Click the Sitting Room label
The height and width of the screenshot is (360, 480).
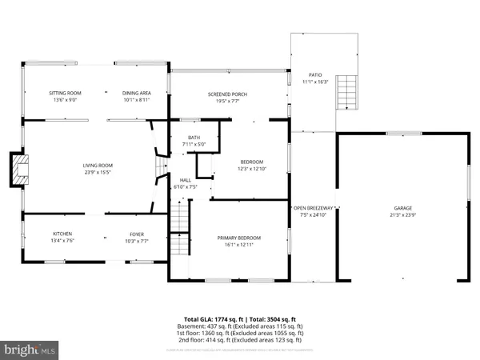click(62, 93)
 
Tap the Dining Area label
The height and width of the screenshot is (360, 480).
click(136, 93)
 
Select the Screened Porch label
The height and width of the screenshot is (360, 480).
click(227, 93)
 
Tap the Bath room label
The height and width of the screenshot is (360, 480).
click(194, 138)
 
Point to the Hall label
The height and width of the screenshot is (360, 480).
click(185, 180)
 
